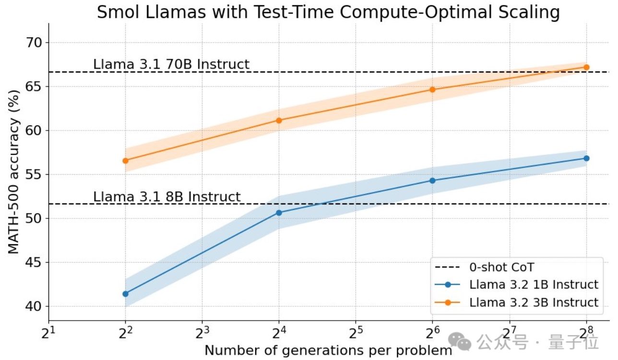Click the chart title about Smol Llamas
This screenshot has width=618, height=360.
328,12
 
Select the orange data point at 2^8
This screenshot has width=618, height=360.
586,67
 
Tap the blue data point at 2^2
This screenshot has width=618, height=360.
125,294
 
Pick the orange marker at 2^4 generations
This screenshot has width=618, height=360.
279,120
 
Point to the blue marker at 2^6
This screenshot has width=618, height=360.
432,180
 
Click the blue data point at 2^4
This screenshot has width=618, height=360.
279,213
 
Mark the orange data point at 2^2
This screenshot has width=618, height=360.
125,161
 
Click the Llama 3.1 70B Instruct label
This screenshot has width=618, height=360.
171,64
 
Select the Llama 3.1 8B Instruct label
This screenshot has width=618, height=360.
167,197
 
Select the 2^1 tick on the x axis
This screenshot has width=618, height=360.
48,332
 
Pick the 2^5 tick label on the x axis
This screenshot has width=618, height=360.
356,332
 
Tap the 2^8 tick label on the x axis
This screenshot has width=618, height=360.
586,332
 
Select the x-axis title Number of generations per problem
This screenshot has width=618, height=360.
328,350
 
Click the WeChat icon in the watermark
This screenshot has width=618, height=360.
463,342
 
